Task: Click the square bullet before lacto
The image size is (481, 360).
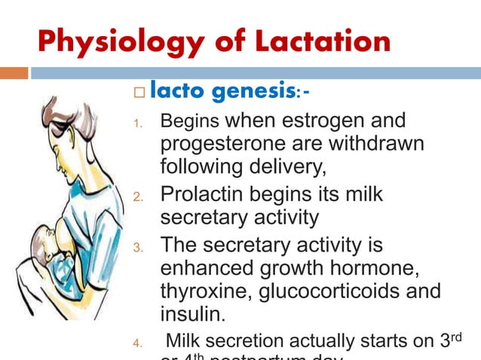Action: click(x=137, y=93)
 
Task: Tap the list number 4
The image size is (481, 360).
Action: click(x=137, y=344)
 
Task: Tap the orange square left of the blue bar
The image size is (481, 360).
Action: click(x=14, y=73)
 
